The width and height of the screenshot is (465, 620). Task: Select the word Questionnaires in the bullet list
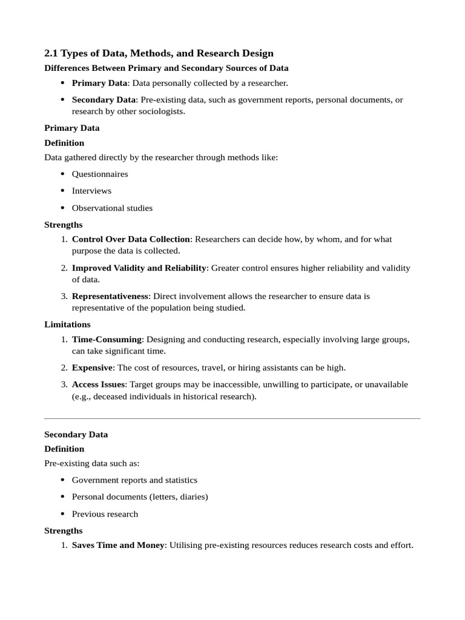pos(100,174)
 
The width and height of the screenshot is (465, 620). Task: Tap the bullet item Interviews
pos(91,191)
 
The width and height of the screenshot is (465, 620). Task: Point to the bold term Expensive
pos(92,368)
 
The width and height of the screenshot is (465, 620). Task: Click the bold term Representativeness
pos(110,296)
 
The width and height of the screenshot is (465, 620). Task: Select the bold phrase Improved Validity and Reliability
pos(139,268)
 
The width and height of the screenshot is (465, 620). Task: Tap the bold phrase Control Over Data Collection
pos(131,239)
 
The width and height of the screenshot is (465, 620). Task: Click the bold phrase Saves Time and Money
pos(118,545)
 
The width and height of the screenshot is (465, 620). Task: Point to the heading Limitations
pos(67,325)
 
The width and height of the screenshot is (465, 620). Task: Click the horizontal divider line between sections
pos(232,418)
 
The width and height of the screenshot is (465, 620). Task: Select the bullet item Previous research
pos(105,514)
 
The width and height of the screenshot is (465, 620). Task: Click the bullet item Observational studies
pos(112,208)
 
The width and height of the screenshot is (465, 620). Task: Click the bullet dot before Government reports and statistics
pos(63,480)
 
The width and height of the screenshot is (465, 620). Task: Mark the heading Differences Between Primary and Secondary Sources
pos(167,68)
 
